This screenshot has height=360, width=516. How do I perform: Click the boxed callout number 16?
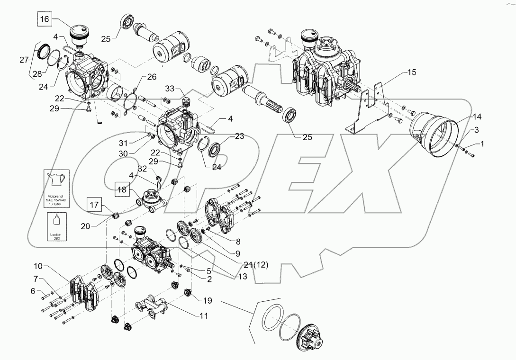44,19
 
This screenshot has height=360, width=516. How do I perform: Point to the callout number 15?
410,72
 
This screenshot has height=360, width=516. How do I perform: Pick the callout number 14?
476,117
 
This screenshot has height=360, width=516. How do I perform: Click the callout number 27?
23,60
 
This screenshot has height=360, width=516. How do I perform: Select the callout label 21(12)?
255,265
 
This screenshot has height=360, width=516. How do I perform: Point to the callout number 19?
207,300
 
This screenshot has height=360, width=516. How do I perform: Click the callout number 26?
151,77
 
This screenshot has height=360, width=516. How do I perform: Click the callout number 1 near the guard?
483,143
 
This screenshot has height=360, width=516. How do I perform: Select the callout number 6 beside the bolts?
33,291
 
